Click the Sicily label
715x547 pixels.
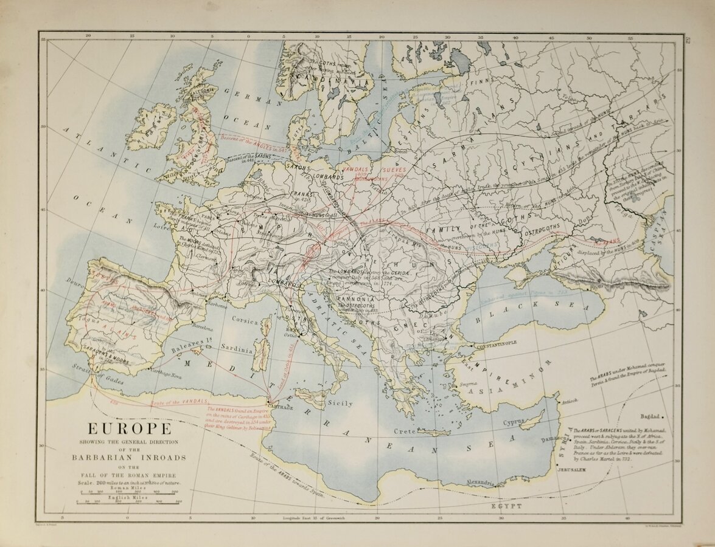point(340,402)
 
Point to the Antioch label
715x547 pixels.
point(568,401)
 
